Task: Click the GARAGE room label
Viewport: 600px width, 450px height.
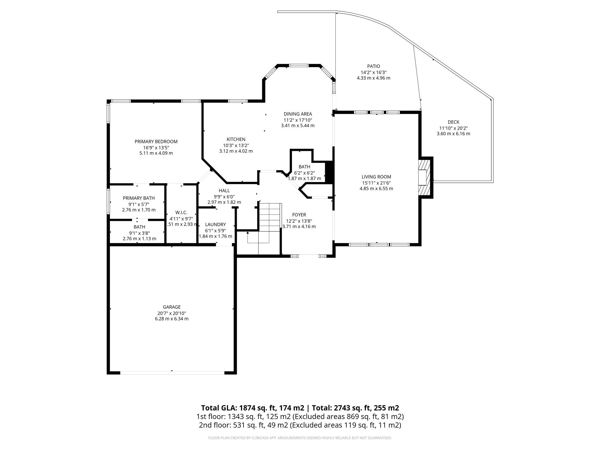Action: [172, 307]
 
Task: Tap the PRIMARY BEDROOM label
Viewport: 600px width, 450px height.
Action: [156, 142]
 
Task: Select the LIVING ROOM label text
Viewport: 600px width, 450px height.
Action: [376, 177]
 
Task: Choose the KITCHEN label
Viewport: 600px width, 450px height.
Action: [236, 139]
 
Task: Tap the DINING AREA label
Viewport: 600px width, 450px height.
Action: [298, 114]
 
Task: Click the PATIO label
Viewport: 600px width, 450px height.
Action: [374, 67]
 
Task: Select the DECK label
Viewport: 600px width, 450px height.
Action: [454, 122]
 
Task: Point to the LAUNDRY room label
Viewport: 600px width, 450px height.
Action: [215, 225]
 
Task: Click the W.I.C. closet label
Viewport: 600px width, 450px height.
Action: [181, 213]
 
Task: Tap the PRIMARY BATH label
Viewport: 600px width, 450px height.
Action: [139, 198]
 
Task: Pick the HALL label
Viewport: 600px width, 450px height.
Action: [224, 191]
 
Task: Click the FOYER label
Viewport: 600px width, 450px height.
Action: [299, 215]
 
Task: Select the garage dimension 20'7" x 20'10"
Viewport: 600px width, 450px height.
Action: [172, 313]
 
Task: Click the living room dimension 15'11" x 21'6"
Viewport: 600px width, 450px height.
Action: [376, 183]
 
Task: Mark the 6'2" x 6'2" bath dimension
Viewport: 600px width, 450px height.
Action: [304, 173]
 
